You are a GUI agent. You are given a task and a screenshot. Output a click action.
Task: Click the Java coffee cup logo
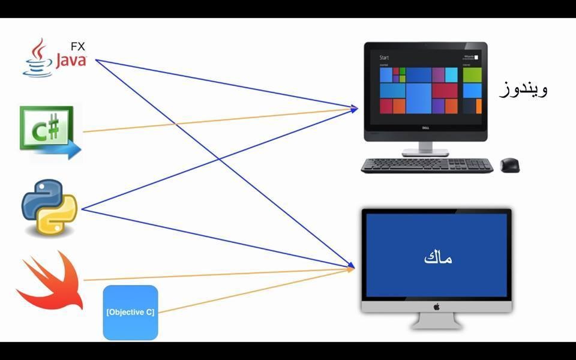coord(37,59)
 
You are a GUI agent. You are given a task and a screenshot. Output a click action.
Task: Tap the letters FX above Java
coord(77,46)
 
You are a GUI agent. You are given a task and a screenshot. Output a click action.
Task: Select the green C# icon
coord(46,127)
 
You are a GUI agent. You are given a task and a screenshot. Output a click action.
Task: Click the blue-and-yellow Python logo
coord(50,206)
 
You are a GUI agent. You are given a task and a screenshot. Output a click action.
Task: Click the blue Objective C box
coord(130,312)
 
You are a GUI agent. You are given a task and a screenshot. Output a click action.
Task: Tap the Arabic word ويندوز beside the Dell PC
coord(523,90)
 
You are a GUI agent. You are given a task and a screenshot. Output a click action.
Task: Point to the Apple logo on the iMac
coord(437,307)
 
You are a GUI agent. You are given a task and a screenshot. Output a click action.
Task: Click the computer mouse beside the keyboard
coord(509,164)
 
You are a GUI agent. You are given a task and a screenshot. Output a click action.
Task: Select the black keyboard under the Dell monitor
coord(427,165)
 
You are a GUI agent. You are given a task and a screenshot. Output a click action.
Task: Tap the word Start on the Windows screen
coord(385,58)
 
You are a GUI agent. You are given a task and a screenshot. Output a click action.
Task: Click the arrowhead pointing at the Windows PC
coord(354,109)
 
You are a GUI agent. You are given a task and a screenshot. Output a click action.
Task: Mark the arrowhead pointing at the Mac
coord(350,268)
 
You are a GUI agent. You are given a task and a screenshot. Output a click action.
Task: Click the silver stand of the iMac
coord(436,321)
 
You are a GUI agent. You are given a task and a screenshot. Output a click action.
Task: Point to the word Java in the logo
coord(71,61)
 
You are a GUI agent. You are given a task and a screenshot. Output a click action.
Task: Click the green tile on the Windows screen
coord(472,74)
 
